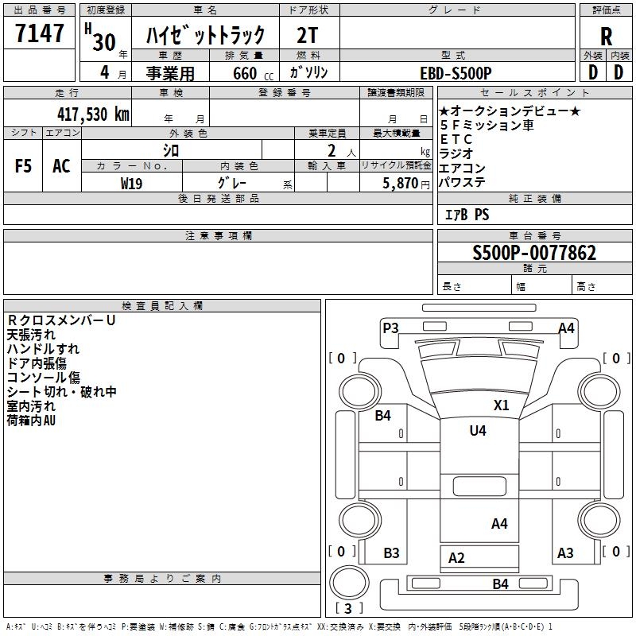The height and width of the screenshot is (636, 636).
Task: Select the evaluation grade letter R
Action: (x=606, y=36)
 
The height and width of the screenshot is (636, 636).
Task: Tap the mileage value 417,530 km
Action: (x=93, y=114)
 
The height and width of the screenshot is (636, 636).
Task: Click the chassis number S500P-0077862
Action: (x=534, y=254)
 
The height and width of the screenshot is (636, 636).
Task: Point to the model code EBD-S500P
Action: (x=455, y=72)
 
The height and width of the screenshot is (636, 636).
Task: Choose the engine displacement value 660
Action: (x=244, y=73)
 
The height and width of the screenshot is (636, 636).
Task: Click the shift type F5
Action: (x=24, y=166)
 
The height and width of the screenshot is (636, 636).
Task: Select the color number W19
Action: (x=132, y=183)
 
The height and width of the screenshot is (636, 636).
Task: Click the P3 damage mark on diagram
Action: (x=390, y=328)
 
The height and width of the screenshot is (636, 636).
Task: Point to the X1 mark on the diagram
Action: (x=501, y=405)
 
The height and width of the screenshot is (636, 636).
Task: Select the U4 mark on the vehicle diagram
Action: (x=477, y=431)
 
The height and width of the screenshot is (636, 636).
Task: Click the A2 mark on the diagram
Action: (x=456, y=558)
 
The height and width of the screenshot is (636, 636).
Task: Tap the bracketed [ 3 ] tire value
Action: (x=349, y=609)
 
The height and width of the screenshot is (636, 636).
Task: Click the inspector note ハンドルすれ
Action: (x=43, y=349)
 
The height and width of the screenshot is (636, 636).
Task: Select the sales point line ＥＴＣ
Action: (x=456, y=139)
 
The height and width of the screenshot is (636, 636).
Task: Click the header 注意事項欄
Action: (x=219, y=236)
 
